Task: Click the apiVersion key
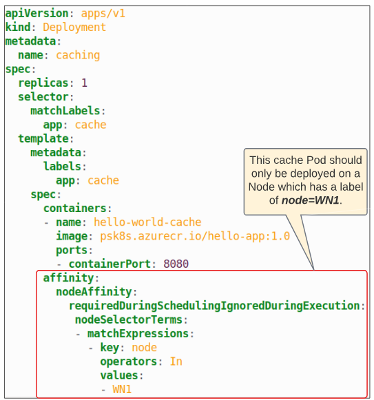pos(37,14)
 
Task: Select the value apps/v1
pos(103,14)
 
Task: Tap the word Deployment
pos(74,28)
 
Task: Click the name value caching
pos(78,55)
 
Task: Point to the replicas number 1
pos(84,83)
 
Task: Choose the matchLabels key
pos(65,111)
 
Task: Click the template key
pos(43,139)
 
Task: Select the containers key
pos(75,209)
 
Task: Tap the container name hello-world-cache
pos(147,222)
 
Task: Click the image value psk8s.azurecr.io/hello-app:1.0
pos(195,236)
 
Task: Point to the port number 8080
pos(176,264)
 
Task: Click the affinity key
pos(68,278)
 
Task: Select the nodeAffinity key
pos(94,292)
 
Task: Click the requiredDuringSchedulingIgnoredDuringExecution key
pos(214,306)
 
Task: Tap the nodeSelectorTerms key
pos(129,319)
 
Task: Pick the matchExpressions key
pos(138,334)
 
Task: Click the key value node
pos(144,348)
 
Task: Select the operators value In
pos(176,361)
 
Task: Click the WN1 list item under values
pos(122,389)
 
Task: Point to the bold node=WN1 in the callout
pos(310,200)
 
